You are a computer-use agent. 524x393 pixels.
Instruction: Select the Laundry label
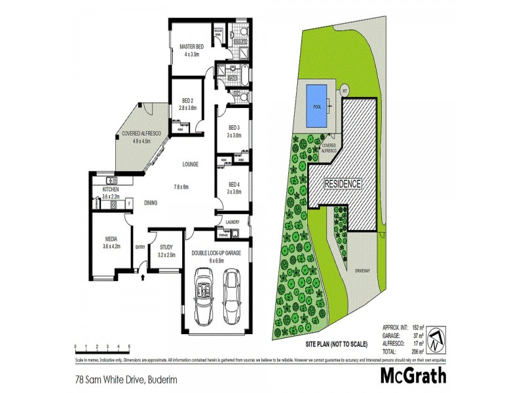tap(233, 222)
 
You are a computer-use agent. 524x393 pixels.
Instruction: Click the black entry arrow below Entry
tap(143, 278)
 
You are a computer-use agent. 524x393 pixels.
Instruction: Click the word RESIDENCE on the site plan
tap(344, 184)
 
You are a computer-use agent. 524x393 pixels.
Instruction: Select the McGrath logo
tap(413, 375)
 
